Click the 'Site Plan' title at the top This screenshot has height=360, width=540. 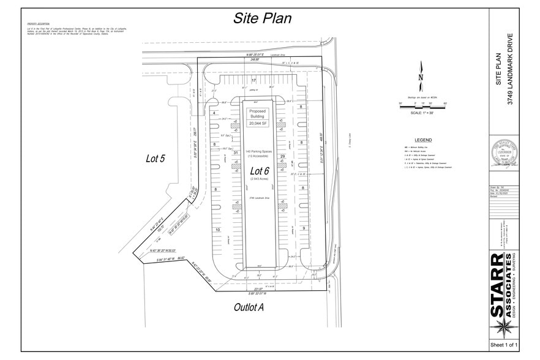point(262,18)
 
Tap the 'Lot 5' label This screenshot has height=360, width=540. point(157,159)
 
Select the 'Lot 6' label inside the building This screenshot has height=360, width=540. point(260,170)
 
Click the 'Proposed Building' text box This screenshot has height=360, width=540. point(258,113)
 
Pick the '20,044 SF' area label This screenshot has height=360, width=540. point(258,123)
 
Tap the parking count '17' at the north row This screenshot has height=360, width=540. point(253,81)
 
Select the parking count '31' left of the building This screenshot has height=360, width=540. point(218,153)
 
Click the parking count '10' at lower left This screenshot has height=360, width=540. point(217,230)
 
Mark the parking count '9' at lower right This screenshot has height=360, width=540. point(304,228)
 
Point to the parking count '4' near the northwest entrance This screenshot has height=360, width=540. point(214,113)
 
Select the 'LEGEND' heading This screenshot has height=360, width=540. point(423,140)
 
